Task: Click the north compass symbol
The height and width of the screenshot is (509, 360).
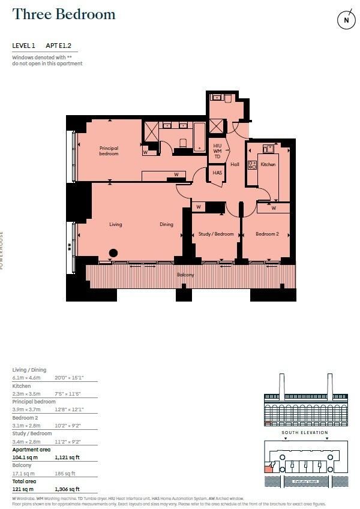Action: pyautogui.click(x=346, y=20)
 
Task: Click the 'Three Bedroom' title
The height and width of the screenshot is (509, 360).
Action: pyautogui.click(x=64, y=15)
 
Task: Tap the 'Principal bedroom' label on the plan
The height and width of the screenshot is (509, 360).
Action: pyautogui.click(x=109, y=151)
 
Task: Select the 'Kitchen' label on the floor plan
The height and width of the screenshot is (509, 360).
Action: pyautogui.click(x=268, y=164)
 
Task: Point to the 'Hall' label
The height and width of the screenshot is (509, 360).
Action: pyautogui.click(x=235, y=164)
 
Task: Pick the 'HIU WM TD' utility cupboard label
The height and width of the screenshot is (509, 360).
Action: pyautogui.click(x=217, y=152)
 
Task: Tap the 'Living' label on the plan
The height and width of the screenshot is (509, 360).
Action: pyautogui.click(x=116, y=225)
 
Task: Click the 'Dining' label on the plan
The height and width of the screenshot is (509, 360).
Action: pyautogui.click(x=166, y=225)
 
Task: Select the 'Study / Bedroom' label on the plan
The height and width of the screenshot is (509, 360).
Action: pyautogui.click(x=216, y=234)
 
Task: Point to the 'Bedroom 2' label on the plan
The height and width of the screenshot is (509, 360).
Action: pyautogui.click(x=267, y=234)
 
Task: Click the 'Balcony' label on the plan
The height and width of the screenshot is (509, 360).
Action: pyautogui.click(x=185, y=275)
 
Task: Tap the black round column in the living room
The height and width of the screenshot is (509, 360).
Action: pyautogui.click(x=113, y=252)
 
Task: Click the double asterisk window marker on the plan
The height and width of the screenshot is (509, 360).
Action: pyautogui.click(x=70, y=246)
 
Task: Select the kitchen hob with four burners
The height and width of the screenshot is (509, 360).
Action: pyautogui.click(x=253, y=165)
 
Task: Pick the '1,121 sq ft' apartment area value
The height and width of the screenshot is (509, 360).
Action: pyautogui.click(x=67, y=457)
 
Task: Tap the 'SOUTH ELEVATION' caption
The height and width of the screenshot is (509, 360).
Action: pyautogui.click(x=305, y=432)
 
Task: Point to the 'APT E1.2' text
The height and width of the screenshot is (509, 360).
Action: pyautogui.click(x=62, y=46)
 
